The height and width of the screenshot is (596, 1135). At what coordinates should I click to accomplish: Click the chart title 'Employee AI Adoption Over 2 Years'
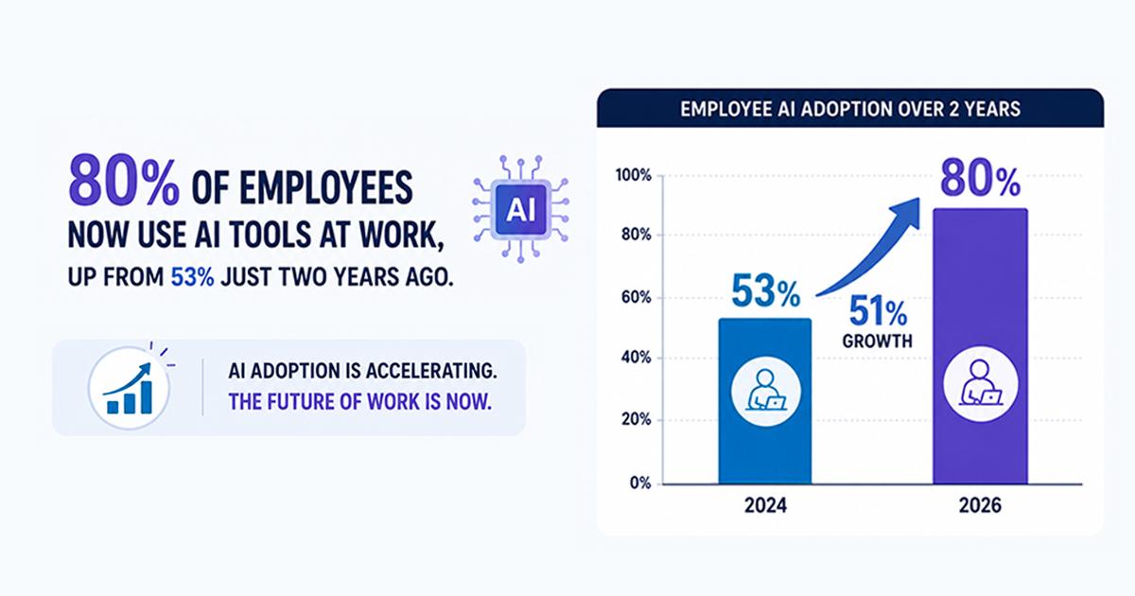tap(849, 109)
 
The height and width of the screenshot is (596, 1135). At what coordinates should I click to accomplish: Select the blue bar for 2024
tap(765, 401)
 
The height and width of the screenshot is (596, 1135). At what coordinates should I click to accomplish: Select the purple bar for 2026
tap(981, 346)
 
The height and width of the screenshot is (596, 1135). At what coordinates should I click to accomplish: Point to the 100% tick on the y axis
tap(634, 175)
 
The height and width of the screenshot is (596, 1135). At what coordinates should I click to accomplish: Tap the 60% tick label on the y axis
tap(636, 297)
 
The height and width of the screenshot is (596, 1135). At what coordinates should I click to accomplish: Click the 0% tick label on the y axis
tap(640, 483)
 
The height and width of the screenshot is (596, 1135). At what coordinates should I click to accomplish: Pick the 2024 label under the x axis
tap(765, 506)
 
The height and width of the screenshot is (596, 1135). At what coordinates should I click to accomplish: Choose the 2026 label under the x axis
tap(980, 506)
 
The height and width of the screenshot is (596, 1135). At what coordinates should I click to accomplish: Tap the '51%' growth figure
tap(878, 310)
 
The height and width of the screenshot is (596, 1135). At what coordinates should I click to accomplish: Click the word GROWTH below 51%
tap(877, 342)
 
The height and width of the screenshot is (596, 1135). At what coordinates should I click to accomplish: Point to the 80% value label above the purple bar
tap(981, 179)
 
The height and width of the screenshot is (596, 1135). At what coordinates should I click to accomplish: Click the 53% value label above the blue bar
tap(765, 291)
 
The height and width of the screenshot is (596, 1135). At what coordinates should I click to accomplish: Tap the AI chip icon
tap(521, 209)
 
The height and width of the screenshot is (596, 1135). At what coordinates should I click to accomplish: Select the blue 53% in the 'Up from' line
tap(192, 277)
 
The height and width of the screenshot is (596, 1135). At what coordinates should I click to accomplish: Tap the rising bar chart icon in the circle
tap(130, 388)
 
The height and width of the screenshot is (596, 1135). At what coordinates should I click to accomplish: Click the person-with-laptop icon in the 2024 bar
tap(766, 392)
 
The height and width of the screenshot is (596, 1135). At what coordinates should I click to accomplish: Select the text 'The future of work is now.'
tap(359, 402)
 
